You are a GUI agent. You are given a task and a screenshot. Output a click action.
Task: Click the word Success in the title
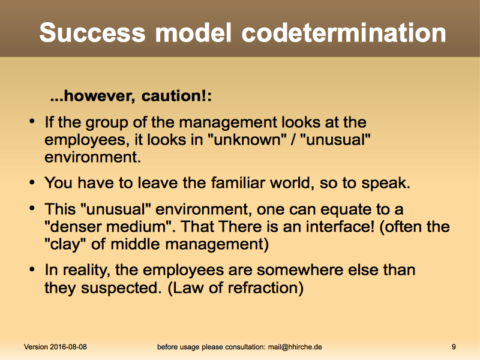[x=92, y=32]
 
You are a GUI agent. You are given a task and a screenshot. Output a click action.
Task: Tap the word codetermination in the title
[x=343, y=32]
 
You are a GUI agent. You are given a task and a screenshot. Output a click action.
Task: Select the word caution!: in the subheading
[x=176, y=96]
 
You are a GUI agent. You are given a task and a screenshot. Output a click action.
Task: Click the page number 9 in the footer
[x=454, y=347]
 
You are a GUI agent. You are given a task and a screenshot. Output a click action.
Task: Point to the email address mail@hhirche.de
[x=295, y=347]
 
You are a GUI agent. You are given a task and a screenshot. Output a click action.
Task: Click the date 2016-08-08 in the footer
[x=68, y=347]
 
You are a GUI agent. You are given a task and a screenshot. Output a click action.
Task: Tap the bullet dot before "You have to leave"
[x=32, y=183]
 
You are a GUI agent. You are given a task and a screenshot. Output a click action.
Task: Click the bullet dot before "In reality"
[x=32, y=270]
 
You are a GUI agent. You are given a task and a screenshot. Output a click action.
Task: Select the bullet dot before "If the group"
[x=32, y=122]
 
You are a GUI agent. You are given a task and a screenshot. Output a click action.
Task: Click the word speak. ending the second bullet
[x=386, y=184]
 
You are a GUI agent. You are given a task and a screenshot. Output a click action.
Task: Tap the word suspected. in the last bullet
[x=121, y=289]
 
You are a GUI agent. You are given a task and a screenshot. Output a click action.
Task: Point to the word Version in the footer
[x=36, y=347]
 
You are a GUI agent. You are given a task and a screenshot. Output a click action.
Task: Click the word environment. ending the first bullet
[x=93, y=157]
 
